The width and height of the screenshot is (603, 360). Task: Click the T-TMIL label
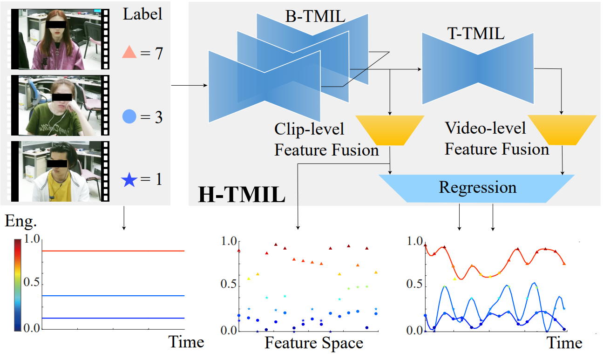tap(475, 34)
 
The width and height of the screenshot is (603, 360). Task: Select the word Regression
tap(477, 187)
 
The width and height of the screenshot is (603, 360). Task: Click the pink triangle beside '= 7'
tap(129, 54)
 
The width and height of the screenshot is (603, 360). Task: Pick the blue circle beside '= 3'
tap(129, 117)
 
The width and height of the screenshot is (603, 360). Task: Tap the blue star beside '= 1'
tap(129, 179)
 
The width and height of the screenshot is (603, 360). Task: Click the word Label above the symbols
tap(142, 14)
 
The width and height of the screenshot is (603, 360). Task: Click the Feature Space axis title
tap(313, 343)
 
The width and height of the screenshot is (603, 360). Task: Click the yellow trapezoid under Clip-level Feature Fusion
tap(389, 130)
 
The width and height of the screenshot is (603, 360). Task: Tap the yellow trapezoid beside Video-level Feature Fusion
tap(562, 130)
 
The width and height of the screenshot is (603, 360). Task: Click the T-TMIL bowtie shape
tap(477, 68)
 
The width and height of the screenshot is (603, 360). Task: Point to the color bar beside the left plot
tap(17, 284)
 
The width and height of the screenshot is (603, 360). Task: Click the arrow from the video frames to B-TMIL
tap(189, 86)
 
